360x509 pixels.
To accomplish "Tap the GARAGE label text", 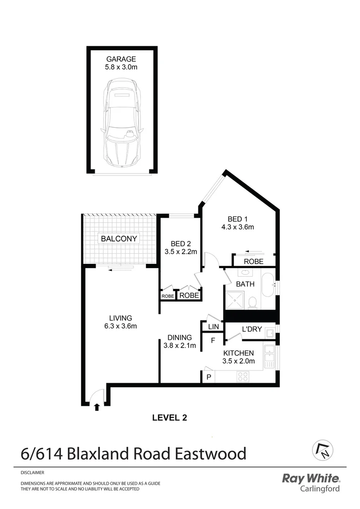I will [x=121, y=59].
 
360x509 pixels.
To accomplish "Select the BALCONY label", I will [x=119, y=238].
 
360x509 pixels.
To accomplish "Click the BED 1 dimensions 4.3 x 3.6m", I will [x=237, y=227].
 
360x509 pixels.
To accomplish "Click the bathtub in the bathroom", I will [x=267, y=285].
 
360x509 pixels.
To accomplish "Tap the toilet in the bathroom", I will [x=253, y=302].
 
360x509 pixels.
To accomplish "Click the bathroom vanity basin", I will [x=244, y=272].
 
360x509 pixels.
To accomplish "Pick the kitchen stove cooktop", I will [x=243, y=377].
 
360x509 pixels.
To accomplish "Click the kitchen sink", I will [x=270, y=357].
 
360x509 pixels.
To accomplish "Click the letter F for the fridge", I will [x=213, y=340].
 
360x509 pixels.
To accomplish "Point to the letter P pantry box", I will [x=208, y=377].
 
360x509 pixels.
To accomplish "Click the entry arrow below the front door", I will [x=97, y=407].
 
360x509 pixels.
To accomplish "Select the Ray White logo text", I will [x=310, y=478].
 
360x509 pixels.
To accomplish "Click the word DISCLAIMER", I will [x=33, y=472].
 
